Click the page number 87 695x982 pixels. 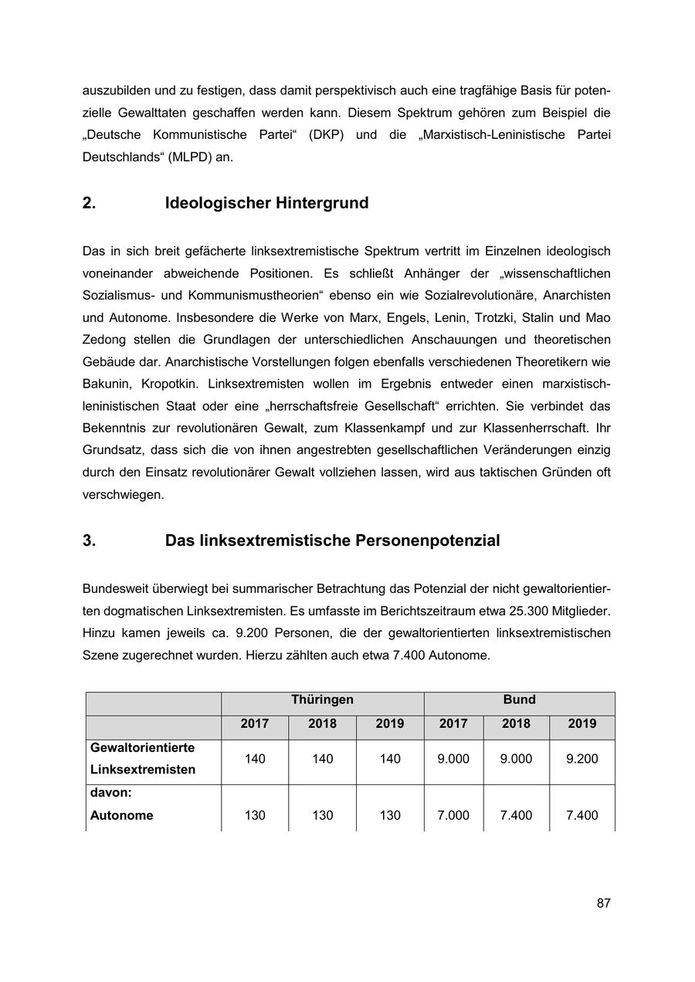604,903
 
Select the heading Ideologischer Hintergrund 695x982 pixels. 266,203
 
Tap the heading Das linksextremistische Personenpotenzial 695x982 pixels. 332,540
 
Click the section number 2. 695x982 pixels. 90,203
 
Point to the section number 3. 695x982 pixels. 90,540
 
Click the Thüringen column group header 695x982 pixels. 322,699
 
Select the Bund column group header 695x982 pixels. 519,699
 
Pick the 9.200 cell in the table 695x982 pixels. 581,759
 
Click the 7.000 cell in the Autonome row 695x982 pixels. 453,815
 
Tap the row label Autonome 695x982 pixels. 121,815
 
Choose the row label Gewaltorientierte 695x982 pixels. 142,747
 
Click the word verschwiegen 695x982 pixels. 124,495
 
